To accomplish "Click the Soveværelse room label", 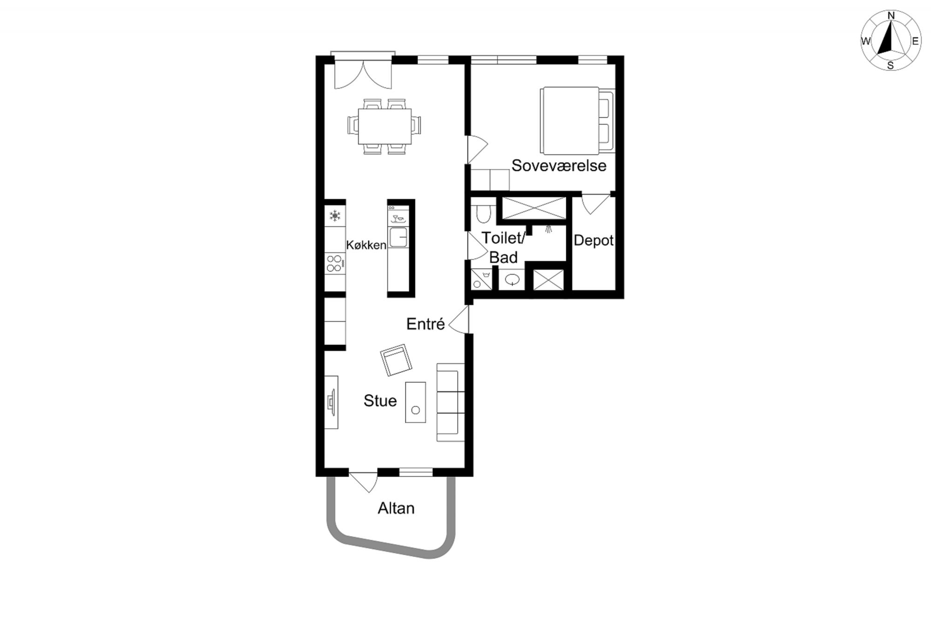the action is [559, 166].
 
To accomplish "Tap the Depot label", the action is [594, 240].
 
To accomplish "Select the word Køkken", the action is [366, 245].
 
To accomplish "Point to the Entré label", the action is [425, 324].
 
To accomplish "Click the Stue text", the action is [380, 401].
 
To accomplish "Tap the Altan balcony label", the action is [396, 508].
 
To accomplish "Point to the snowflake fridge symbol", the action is [335, 215].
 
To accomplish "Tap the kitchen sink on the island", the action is [398, 238].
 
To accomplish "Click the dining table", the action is [385, 126].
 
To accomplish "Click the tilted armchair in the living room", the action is [396, 360].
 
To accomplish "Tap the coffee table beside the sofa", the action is [415, 402].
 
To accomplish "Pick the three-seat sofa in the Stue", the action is [450, 402].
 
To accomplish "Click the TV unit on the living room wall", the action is [331, 402].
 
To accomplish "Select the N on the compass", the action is [891, 16].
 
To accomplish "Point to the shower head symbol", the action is [549, 229].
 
